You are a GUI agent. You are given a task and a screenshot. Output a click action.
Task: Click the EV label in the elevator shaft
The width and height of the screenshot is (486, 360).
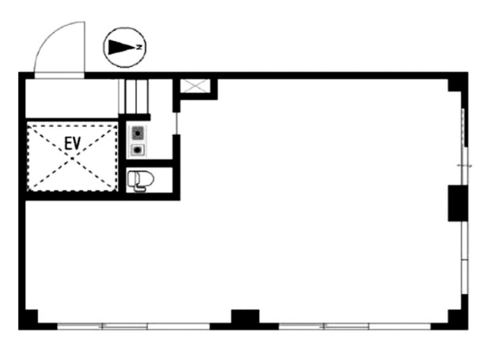(x=73, y=144)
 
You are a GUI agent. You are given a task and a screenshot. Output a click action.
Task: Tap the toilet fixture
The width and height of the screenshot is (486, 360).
(x=140, y=180)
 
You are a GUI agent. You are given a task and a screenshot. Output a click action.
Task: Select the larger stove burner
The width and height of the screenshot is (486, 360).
(x=138, y=134)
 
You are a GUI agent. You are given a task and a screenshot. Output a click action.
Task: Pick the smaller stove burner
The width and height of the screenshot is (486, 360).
(x=137, y=150)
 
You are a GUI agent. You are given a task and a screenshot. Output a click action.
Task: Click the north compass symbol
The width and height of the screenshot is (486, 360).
(x=125, y=47)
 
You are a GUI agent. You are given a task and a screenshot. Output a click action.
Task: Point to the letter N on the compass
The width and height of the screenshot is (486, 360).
(x=140, y=47)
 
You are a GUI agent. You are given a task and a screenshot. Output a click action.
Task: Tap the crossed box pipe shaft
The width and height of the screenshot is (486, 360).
(x=195, y=86)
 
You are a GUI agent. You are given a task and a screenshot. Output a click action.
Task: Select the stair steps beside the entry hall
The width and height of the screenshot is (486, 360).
(x=134, y=96)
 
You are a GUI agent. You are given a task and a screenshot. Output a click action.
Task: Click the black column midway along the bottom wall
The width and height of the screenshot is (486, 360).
(x=245, y=317)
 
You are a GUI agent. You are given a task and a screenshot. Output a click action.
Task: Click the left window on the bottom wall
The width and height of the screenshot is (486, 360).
(x=134, y=326)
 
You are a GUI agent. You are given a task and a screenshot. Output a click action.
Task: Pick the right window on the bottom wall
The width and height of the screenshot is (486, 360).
(x=355, y=326)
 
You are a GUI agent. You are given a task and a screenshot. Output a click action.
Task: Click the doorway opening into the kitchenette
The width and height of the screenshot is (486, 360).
(x=176, y=123)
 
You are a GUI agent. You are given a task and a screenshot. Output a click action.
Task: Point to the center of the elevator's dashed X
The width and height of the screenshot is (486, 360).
(x=72, y=159)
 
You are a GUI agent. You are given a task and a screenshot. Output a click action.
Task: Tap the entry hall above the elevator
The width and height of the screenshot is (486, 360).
(x=71, y=99)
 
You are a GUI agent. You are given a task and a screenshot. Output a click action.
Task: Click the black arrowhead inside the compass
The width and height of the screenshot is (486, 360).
(x=122, y=47)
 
